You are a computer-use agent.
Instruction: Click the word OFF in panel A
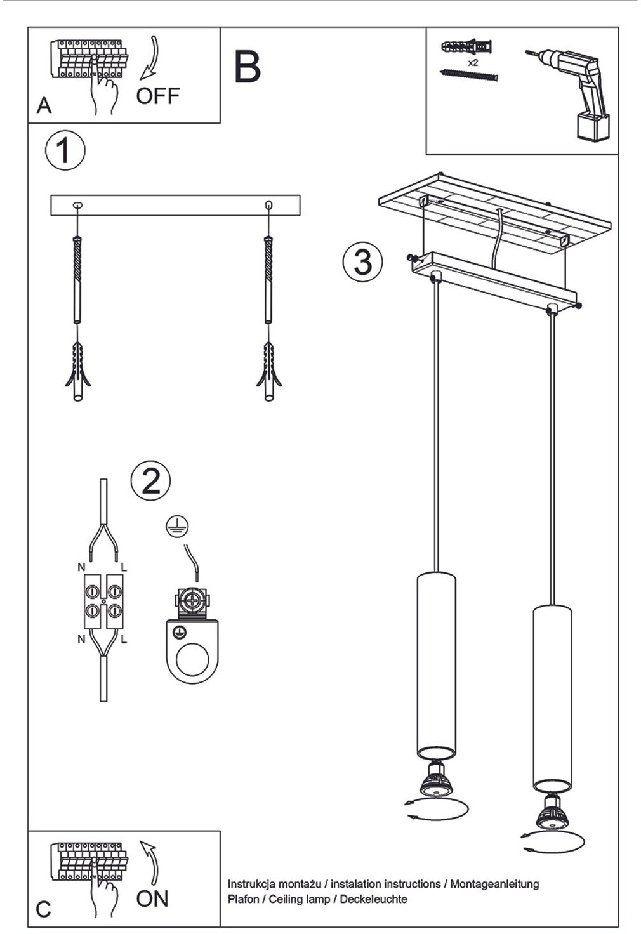[x=157, y=96]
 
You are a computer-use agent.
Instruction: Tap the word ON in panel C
[x=152, y=898]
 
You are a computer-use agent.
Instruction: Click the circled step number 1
[x=65, y=150]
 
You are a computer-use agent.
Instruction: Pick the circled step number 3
[x=362, y=261]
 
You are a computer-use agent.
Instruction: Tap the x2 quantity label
[x=473, y=63]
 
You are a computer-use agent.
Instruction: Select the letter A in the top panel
[x=44, y=105]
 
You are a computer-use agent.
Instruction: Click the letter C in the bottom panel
[x=43, y=909]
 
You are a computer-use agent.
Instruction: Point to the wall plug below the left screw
[x=77, y=372]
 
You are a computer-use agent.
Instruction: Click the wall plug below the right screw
[x=268, y=372]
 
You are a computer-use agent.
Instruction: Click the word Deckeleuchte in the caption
[x=374, y=899]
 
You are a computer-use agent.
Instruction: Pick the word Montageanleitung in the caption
[x=494, y=883]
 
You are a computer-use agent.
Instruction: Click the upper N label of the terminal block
[x=81, y=566]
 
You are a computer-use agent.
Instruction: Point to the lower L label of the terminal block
[x=124, y=640]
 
